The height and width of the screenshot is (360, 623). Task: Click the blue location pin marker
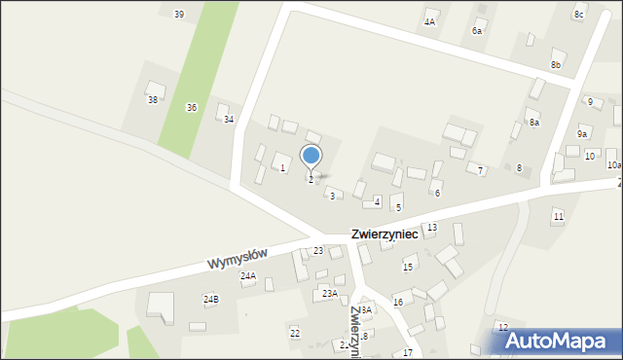[x=311, y=157]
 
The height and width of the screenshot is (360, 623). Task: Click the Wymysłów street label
[x=237, y=259]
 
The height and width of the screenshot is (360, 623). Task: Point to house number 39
[x=178, y=14]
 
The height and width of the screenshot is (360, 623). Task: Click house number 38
[x=152, y=99]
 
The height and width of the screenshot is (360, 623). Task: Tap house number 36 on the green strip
[x=192, y=107]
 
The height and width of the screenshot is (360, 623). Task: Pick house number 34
[x=229, y=119]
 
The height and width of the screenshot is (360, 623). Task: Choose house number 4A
[x=429, y=20]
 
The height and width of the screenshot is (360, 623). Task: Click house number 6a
[x=477, y=31]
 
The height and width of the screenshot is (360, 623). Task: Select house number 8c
[x=578, y=14]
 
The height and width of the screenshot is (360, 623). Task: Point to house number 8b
[x=556, y=64]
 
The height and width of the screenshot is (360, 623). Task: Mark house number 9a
[x=582, y=134]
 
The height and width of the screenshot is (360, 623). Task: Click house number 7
[x=480, y=170]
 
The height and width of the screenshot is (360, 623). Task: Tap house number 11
[x=558, y=215]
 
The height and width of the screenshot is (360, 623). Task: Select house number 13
[x=431, y=227]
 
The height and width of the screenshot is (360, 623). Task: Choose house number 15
[x=408, y=267]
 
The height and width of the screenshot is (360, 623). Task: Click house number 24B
[x=211, y=299]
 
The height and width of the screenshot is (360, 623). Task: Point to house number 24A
[x=248, y=276]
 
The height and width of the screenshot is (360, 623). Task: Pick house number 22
[x=295, y=333]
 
